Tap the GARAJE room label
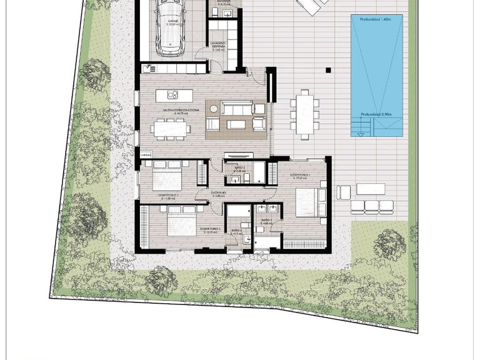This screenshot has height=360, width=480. pos(172,21)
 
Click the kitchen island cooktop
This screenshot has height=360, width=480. pos(173,95)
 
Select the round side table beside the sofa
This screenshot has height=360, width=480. pos(214,109)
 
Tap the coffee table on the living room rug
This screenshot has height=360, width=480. pos(236,124)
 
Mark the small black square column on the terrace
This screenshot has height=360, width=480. pos(328,70)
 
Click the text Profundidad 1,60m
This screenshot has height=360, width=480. pos(376,19)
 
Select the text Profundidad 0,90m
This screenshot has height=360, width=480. pos(376,115)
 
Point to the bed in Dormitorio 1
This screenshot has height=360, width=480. pos(306,202)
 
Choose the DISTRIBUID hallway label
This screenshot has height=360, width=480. pos(217,193)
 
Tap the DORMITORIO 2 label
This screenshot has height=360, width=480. pos(209,229)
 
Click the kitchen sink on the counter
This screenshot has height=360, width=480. pos(150,69)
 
